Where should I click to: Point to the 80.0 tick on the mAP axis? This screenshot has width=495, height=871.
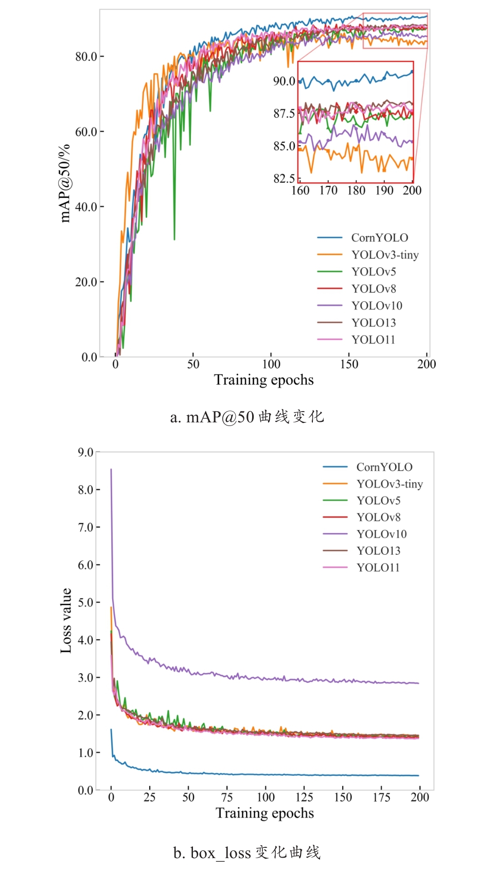point(86,56)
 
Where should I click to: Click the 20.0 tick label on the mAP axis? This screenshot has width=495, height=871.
point(86,282)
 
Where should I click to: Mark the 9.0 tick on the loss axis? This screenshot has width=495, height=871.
point(85,452)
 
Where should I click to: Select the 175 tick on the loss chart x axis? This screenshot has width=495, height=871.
point(381,797)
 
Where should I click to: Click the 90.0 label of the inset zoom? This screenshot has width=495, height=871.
point(284,81)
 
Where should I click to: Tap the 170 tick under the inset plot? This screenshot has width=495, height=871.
point(328,191)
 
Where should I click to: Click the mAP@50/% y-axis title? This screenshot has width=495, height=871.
point(65,184)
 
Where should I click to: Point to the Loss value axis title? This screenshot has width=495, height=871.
point(66,621)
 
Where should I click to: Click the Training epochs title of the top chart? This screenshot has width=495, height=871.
point(263,380)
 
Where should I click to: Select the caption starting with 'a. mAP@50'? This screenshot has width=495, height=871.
point(247,416)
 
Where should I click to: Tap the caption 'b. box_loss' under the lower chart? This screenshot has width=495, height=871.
point(247,852)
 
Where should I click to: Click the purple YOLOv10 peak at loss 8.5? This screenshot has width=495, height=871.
point(111,470)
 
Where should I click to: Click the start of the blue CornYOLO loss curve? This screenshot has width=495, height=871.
point(111,730)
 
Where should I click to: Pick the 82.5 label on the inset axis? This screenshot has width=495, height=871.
point(284,179)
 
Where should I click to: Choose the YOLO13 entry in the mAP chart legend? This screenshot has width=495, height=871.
point(374,322)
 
